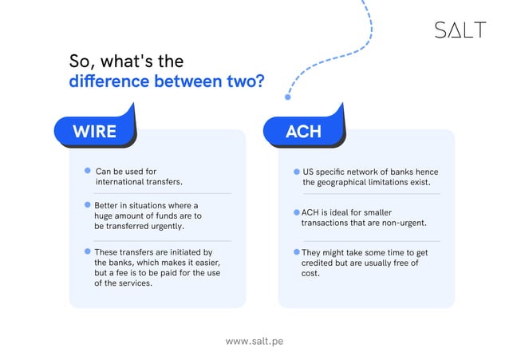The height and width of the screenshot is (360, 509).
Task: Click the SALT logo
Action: pos(460,30)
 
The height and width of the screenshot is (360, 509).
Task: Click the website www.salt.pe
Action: pos(254,341)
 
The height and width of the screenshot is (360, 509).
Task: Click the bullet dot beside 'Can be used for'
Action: pos(88,171)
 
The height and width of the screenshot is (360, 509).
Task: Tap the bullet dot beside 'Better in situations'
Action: pos(88,204)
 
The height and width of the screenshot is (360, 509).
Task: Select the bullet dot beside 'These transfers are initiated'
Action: pos(88,251)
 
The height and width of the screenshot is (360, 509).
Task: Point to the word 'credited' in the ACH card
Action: pos(316,263)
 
